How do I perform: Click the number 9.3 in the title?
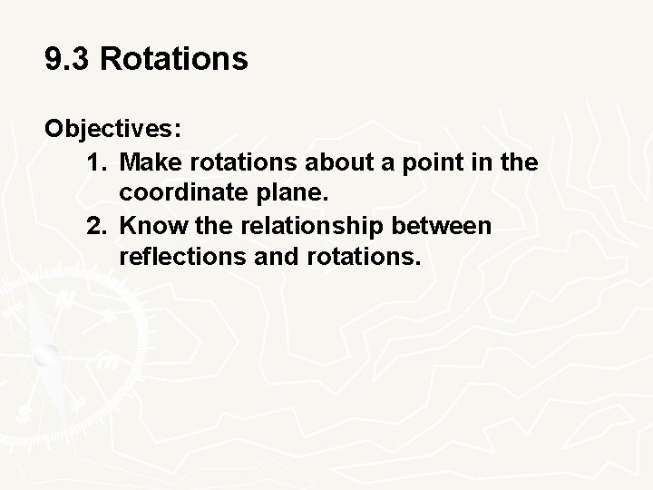68,60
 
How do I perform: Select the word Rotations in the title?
173,60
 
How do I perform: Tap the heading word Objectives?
113,129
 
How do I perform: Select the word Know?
148,226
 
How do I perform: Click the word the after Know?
201,226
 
